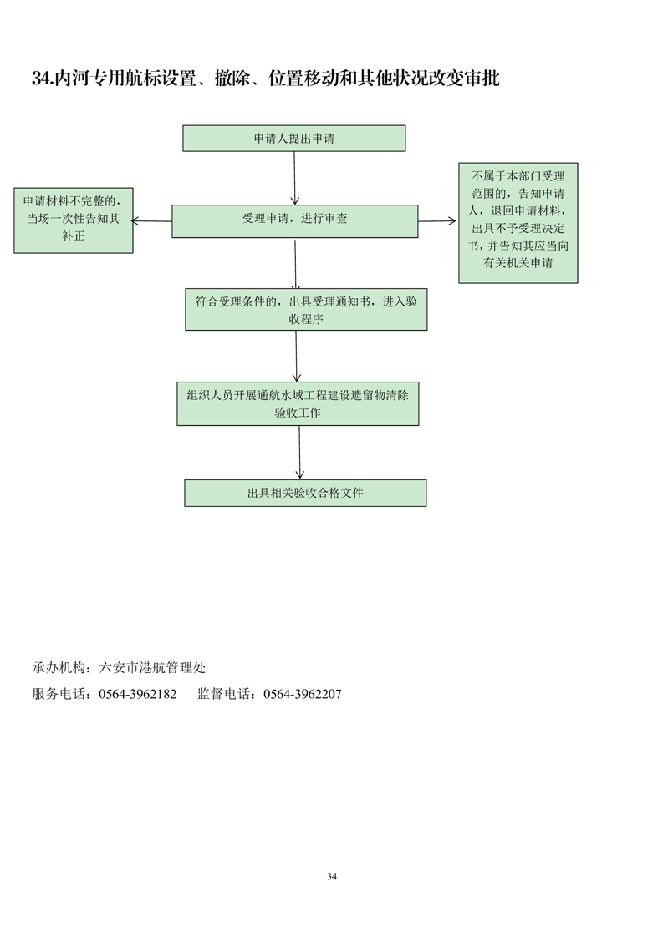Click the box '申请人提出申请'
[294, 139]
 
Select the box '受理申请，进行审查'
[294, 221]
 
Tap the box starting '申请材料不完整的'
[74, 220]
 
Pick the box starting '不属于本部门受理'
[518, 222]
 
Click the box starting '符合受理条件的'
[306, 310]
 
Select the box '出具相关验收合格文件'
[305, 493]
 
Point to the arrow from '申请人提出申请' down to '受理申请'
[294, 178]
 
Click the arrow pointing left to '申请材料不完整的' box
[152, 221]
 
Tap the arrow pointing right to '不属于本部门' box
[437, 221]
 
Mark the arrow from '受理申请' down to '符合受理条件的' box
[296, 263]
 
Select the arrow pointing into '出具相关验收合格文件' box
[299, 452]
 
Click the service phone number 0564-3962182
[138, 694]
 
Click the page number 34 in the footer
[332, 876]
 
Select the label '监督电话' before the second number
[227, 694]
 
